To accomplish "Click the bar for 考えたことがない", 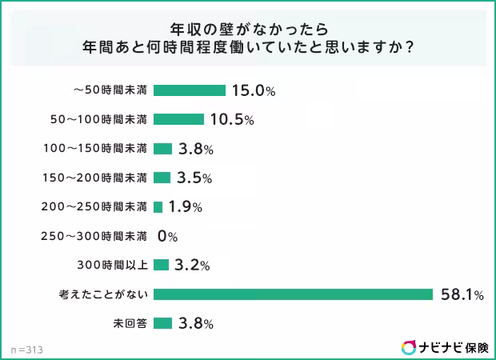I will click(x=293, y=294).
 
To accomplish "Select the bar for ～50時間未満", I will click(x=190, y=90).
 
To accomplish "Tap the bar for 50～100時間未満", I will click(x=178, y=119).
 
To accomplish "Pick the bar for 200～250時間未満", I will click(x=158, y=206).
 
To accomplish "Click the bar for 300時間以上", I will click(x=161, y=265).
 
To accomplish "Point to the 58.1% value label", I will click(x=462, y=294).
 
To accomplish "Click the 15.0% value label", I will click(x=253, y=90).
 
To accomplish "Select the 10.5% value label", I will click(x=231, y=120).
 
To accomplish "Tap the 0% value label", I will click(x=166, y=236).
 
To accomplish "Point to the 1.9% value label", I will click(x=185, y=206).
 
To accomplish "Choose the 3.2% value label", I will click(x=192, y=265).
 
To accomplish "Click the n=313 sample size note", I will click(x=26, y=350).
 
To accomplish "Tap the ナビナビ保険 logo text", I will click(x=454, y=347).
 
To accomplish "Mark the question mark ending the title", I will click(x=409, y=47).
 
